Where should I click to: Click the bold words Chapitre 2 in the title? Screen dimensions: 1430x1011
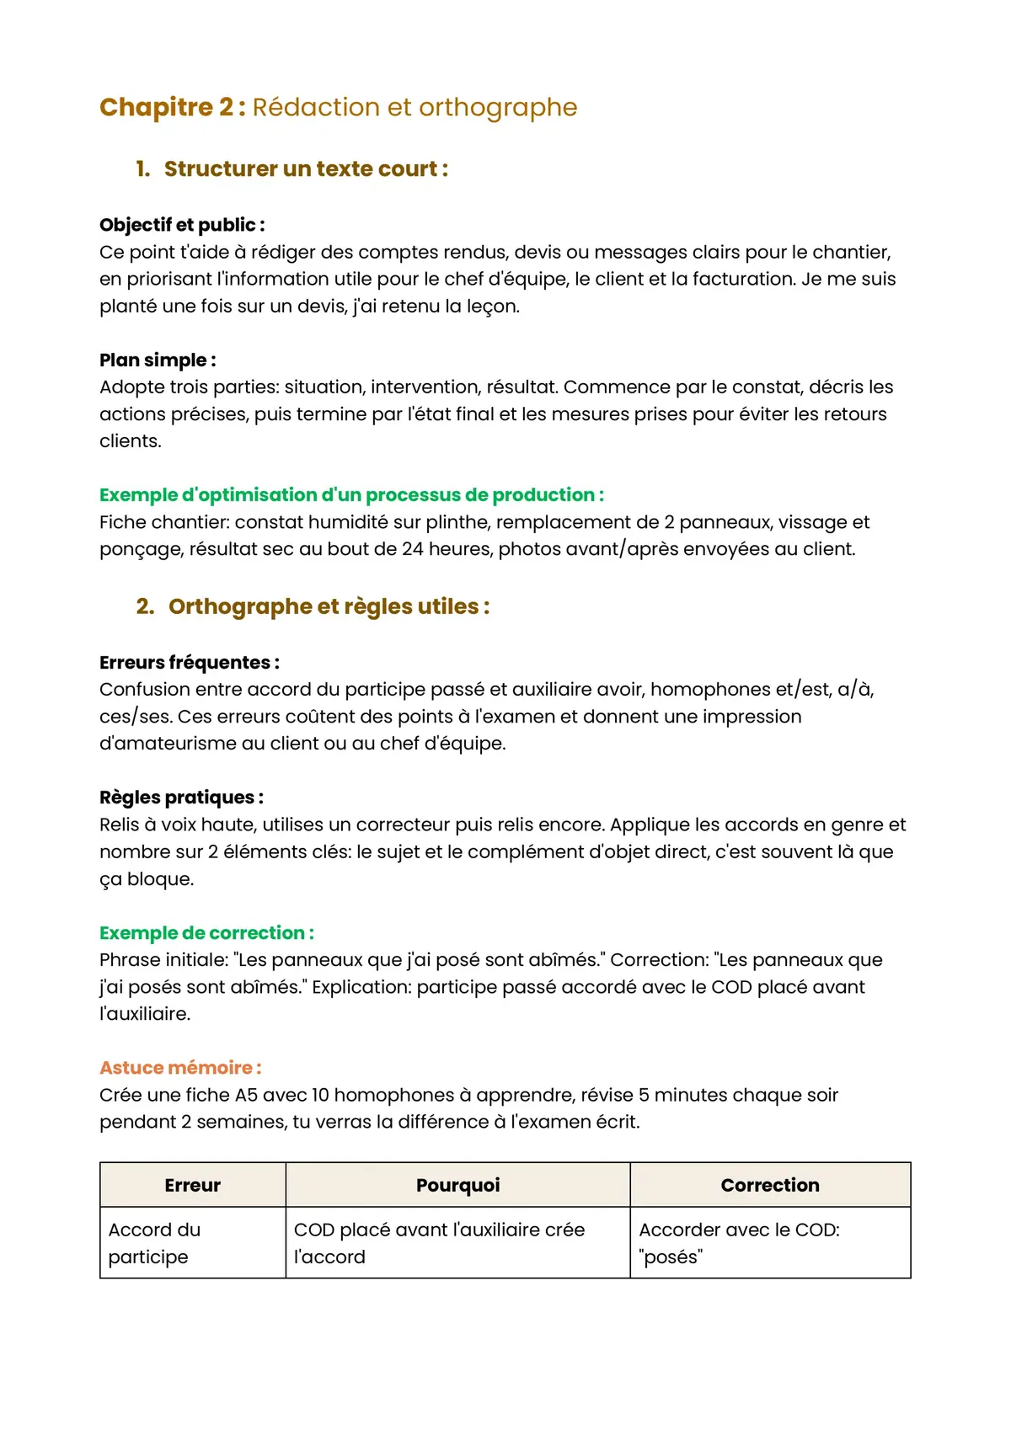tap(172, 108)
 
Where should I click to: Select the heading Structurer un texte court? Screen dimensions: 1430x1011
tap(305, 169)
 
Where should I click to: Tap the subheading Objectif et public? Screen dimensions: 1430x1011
tap(181, 225)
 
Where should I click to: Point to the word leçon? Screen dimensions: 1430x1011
tap(491, 307)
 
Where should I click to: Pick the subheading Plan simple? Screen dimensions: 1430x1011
tap(157, 360)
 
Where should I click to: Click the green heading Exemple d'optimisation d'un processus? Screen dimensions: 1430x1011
tap(350, 495)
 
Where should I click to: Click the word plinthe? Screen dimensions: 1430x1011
tap(456, 522)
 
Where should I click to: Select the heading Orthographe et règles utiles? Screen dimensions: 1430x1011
tap(329, 606)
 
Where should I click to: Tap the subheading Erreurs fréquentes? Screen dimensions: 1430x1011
tap(189, 663)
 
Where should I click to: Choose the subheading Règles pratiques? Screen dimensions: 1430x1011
tap(181, 798)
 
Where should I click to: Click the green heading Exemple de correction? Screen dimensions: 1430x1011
tap(206, 933)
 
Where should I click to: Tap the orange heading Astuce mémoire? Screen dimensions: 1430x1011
tap(180, 1068)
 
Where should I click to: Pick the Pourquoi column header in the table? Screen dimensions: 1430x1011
tap(457, 1185)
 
